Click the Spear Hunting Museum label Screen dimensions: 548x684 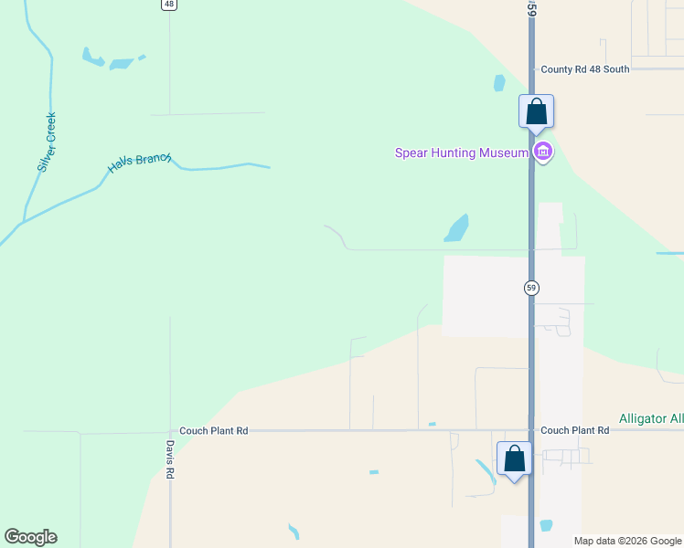(x=461, y=153)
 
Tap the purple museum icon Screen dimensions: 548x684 (x=543, y=152)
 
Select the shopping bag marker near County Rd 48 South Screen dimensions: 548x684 (x=537, y=112)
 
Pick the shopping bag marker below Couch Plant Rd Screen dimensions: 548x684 (x=515, y=458)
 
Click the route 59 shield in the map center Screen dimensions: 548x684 (x=531, y=288)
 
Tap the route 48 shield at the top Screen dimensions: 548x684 (x=168, y=5)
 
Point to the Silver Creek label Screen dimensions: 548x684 (x=47, y=142)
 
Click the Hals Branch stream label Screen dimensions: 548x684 (x=140, y=163)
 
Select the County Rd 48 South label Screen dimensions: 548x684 (x=584, y=69)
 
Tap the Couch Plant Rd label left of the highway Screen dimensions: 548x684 (x=214, y=430)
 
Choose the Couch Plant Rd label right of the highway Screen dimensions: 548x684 (x=574, y=430)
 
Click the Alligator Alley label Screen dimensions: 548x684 (x=651, y=418)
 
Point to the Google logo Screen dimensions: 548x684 (x=30, y=537)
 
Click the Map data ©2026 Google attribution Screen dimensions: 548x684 (x=628, y=541)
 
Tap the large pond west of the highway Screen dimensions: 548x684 (x=456, y=228)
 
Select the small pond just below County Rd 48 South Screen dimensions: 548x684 (x=499, y=83)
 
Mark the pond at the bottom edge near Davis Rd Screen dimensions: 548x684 (x=293, y=532)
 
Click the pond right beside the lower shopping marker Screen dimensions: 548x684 (x=485, y=472)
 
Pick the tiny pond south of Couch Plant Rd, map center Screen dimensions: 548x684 (x=373, y=472)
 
